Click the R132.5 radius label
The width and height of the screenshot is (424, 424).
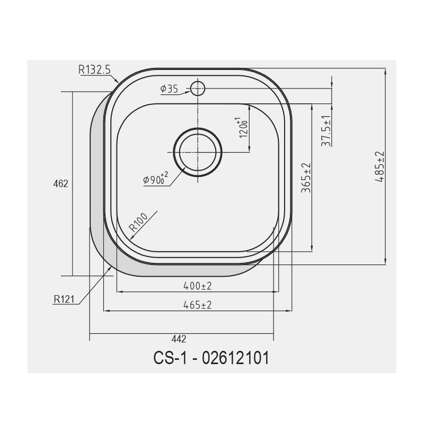pyautogui.click(x=94, y=69)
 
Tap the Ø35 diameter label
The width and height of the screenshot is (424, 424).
pyautogui.click(x=169, y=89)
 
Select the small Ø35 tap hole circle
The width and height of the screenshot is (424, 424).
pyautogui.click(x=198, y=89)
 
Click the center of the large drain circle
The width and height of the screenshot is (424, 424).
pyautogui.click(x=198, y=152)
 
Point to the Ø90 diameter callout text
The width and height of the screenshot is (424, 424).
pyautogui.click(x=156, y=179)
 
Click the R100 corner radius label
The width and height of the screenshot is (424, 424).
pyautogui.click(x=138, y=222)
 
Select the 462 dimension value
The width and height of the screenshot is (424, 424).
pyautogui.click(x=60, y=184)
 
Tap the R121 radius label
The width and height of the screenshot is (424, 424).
pyautogui.click(x=64, y=299)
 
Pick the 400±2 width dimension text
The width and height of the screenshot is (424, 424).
pyautogui.click(x=197, y=286)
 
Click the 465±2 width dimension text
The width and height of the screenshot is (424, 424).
pyautogui.click(x=197, y=305)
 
